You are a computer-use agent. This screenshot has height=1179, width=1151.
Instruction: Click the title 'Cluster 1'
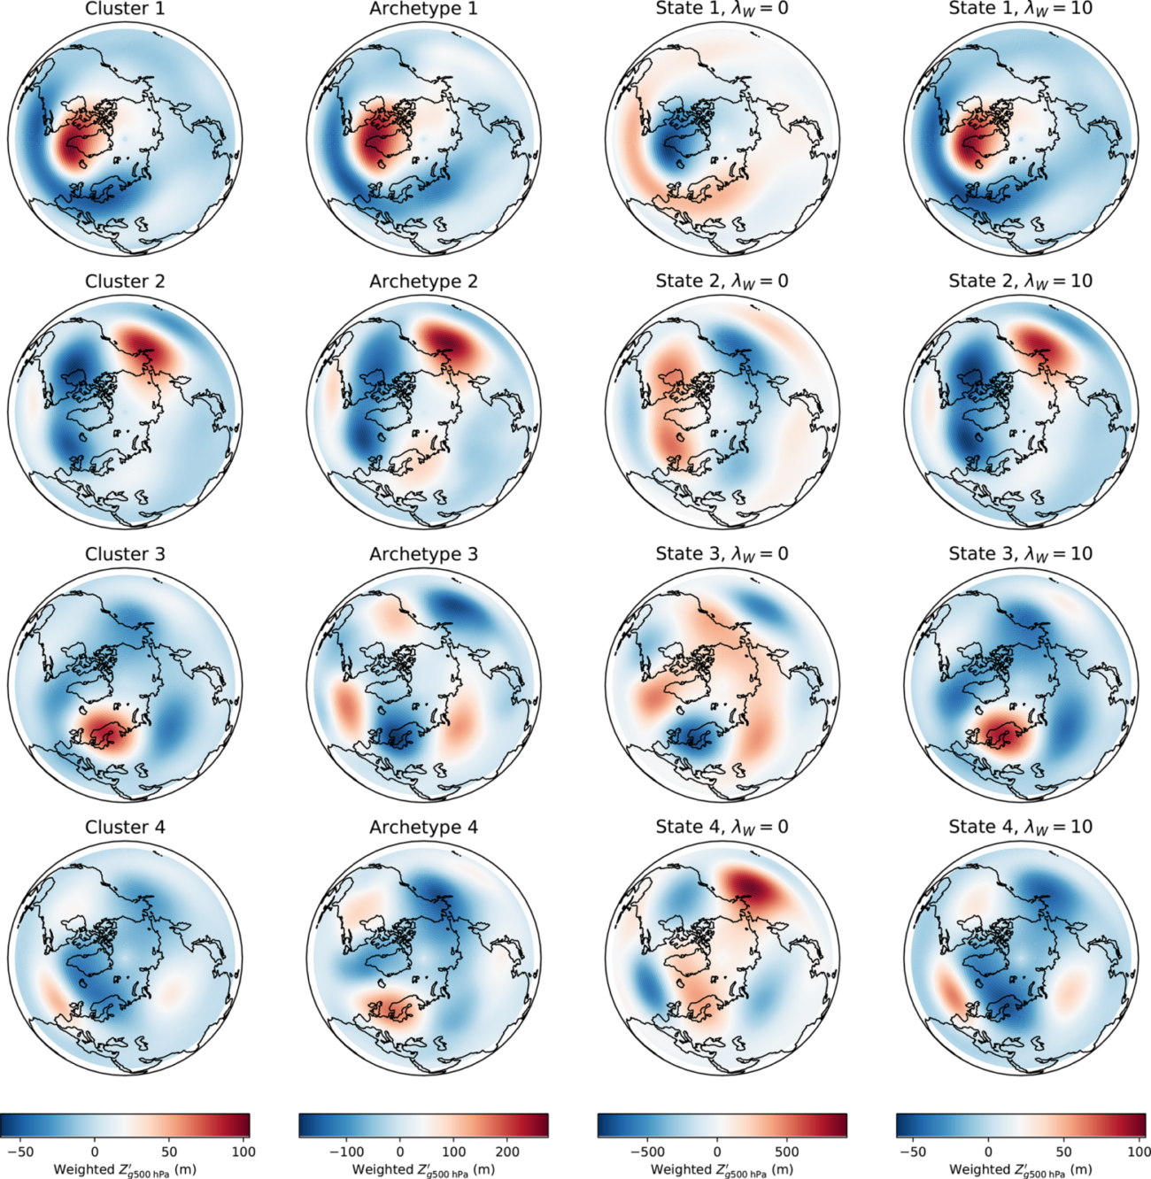point(125,9)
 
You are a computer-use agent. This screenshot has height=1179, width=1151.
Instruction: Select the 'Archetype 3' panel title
point(423,554)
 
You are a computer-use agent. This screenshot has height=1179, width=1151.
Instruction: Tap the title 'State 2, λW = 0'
point(722,281)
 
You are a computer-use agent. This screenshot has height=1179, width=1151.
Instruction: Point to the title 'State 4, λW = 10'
point(1020,827)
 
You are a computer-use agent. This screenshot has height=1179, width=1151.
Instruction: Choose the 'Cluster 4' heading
point(125,827)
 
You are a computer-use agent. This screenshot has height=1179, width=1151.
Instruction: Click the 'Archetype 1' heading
point(423,9)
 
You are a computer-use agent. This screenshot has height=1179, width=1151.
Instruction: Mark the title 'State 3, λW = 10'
point(1020,554)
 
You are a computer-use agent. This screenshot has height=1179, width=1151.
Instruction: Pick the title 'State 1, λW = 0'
point(722,9)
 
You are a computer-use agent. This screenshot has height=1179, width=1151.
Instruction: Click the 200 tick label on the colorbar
point(507,1152)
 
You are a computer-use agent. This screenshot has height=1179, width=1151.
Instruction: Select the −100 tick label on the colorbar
point(346,1152)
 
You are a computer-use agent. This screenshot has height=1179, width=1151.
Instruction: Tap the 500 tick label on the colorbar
point(786,1152)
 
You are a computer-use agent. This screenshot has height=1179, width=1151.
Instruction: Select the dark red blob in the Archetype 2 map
point(450,341)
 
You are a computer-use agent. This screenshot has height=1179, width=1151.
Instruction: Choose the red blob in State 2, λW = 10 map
point(1045,345)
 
